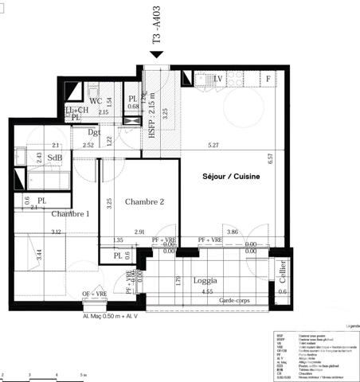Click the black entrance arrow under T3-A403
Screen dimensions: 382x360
click(x=157, y=54)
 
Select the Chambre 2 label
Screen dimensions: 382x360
click(x=144, y=202)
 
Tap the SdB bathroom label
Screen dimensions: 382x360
click(x=55, y=158)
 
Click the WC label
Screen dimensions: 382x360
click(x=95, y=101)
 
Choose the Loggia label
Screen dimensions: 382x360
click(x=208, y=281)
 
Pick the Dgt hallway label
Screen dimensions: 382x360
click(x=94, y=132)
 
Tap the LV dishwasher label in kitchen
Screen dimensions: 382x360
click(x=218, y=78)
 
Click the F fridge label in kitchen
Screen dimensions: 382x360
click(x=268, y=79)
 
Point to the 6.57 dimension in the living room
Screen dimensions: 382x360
click(x=271, y=158)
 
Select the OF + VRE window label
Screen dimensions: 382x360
click(x=95, y=295)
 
